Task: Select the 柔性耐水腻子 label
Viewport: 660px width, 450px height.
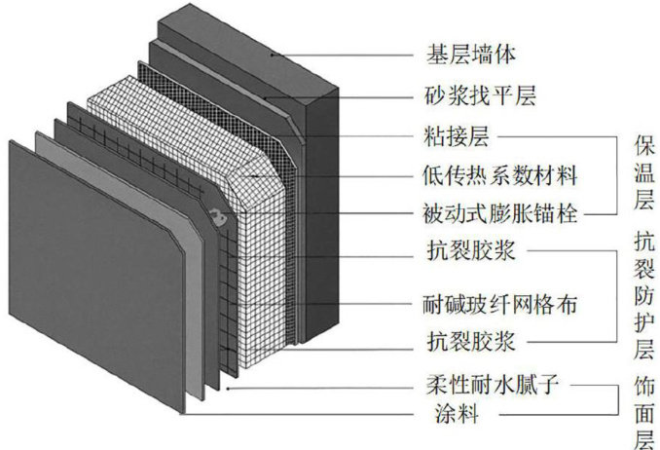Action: click(485, 388)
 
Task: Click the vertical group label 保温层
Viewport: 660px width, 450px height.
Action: click(642, 175)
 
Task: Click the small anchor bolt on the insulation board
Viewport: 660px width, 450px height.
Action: click(221, 216)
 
